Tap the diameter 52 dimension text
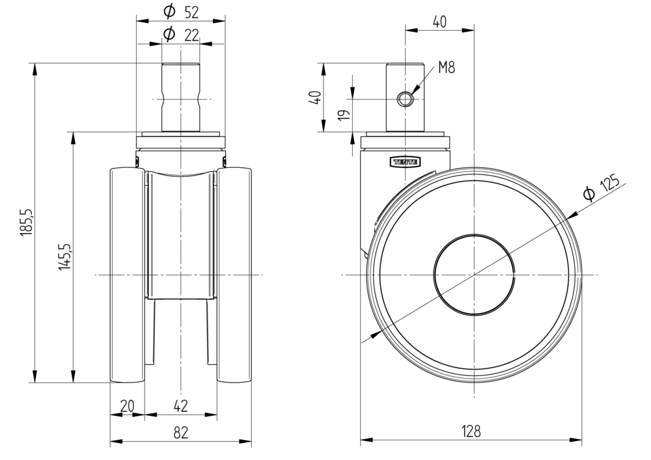pyautogui.click(x=181, y=11)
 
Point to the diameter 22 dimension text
pyautogui.click(x=181, y=34)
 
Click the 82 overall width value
pyautogui.click(x=181, y=431)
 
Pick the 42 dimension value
pyautogui.click(x=181, y=406)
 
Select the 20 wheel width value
pyautogui.click(x=128, y=406)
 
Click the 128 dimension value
pyautogui.click(x=471, y=431)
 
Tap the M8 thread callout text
pyautogui.click(x=446, y=67)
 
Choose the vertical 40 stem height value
pyautogui.click(x=314, y=98)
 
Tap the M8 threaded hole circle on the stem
pyautogui.click(x=406, y=99)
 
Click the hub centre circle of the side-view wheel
pyautogui.click(x=475, y=275)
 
